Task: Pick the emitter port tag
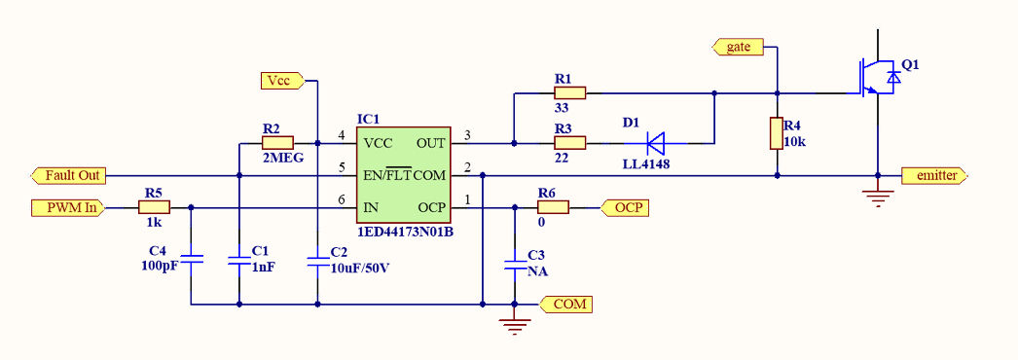pyautogui.click(x=935, y=175)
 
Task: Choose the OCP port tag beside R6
pyautogui.click(x=625, y=207)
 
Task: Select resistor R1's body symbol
pyautogui.click(x=569, y=93)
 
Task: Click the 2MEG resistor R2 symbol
pyautogui.click(x=277, y=143)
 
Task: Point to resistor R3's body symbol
pyautogui.click(x=569, y=143)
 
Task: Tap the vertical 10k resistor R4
pyautogui.click(x=777, y=133)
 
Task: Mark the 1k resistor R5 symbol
pyautogui.click(x=154, y=207)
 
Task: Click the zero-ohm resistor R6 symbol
pyautogui.click(x=553, y=207)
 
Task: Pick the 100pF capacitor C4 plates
pyautogui.click(x=192, y=260)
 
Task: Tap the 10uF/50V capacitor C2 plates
pyautogui.click(x=317, y=260)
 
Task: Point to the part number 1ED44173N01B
pyautogui.click(x=405, y=233)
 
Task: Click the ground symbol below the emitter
pyautogui.click(x=878, y=198)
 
